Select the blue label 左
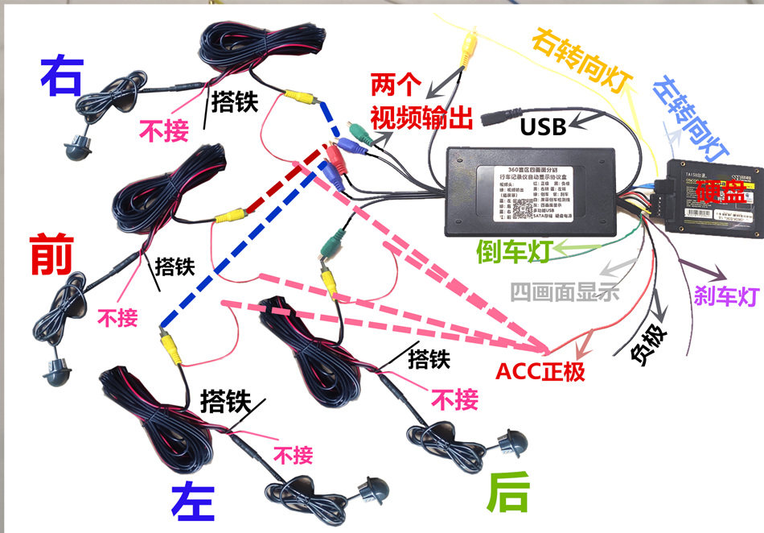point(192,501)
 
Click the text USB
point(544,126)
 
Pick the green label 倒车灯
point(512,251)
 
